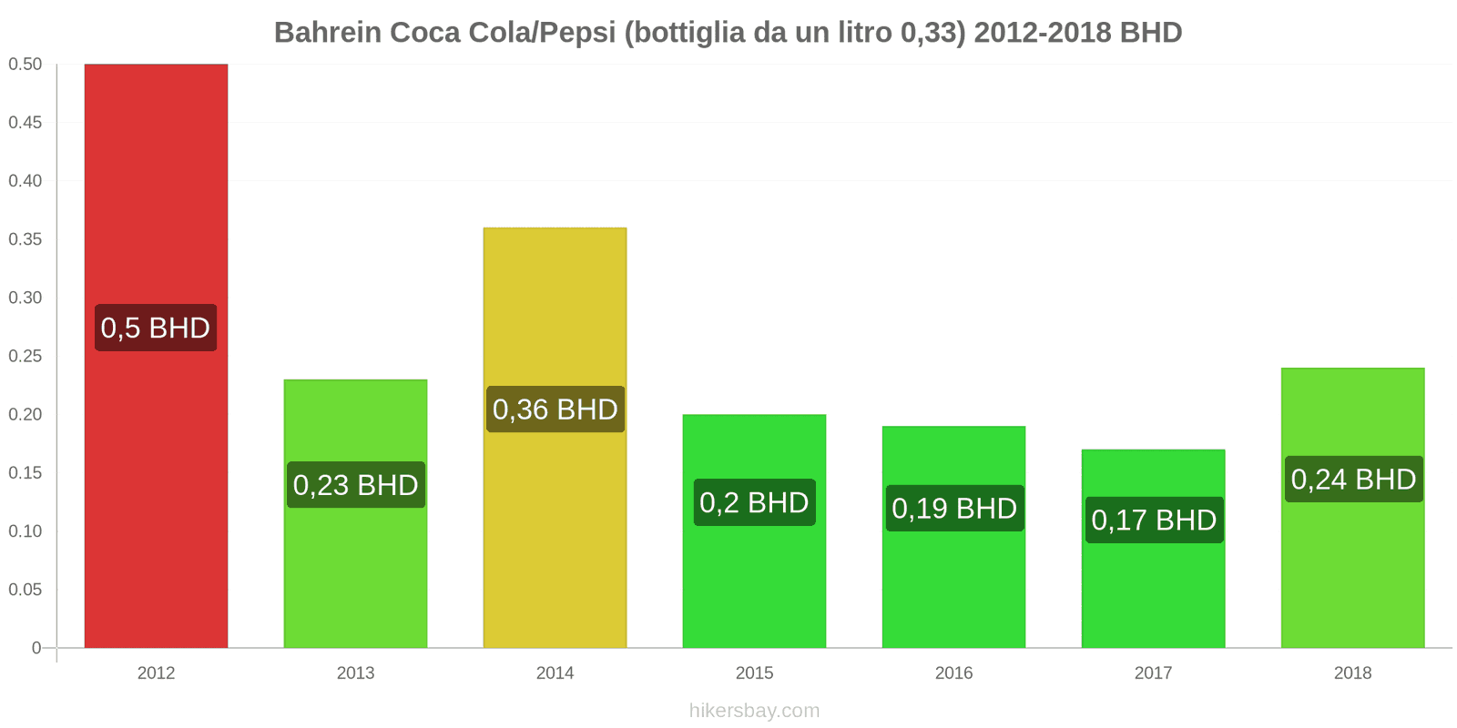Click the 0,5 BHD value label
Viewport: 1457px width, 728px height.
point(156,328)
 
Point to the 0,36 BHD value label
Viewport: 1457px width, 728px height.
point(555,409)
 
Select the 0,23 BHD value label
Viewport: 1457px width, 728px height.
point(355,485)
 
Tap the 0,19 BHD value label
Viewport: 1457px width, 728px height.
point(953,508)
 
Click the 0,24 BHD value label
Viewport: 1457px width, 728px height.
point(1353,479)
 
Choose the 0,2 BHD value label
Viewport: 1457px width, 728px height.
point(754,502)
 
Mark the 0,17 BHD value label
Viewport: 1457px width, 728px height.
point(1154,520)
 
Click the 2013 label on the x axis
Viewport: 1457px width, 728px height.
point(355,673)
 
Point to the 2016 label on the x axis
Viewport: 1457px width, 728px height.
point(953,673)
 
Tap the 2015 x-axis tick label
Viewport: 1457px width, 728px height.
point(754,673)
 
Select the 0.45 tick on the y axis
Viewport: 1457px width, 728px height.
point(25,123)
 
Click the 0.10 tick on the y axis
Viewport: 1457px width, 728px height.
point(25,531)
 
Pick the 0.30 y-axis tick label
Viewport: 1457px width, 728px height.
point(25,298)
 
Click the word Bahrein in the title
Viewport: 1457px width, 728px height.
point(328,33)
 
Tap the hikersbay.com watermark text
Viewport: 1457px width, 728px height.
point(754,711)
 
